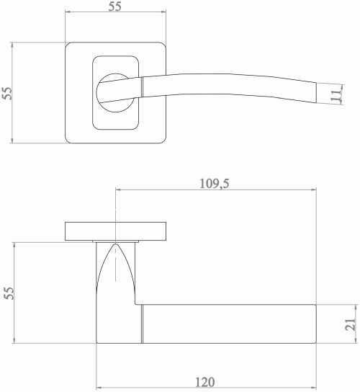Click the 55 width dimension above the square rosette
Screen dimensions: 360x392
115,6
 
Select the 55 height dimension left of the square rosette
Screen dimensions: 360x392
7,93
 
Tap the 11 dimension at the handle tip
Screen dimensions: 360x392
336,96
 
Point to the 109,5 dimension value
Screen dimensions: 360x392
214,184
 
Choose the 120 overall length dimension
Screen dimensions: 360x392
204,382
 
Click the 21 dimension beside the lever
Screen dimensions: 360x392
350,324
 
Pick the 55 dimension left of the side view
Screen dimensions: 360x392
9,293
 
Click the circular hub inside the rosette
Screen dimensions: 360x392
115,93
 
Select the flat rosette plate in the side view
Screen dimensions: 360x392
115,231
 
